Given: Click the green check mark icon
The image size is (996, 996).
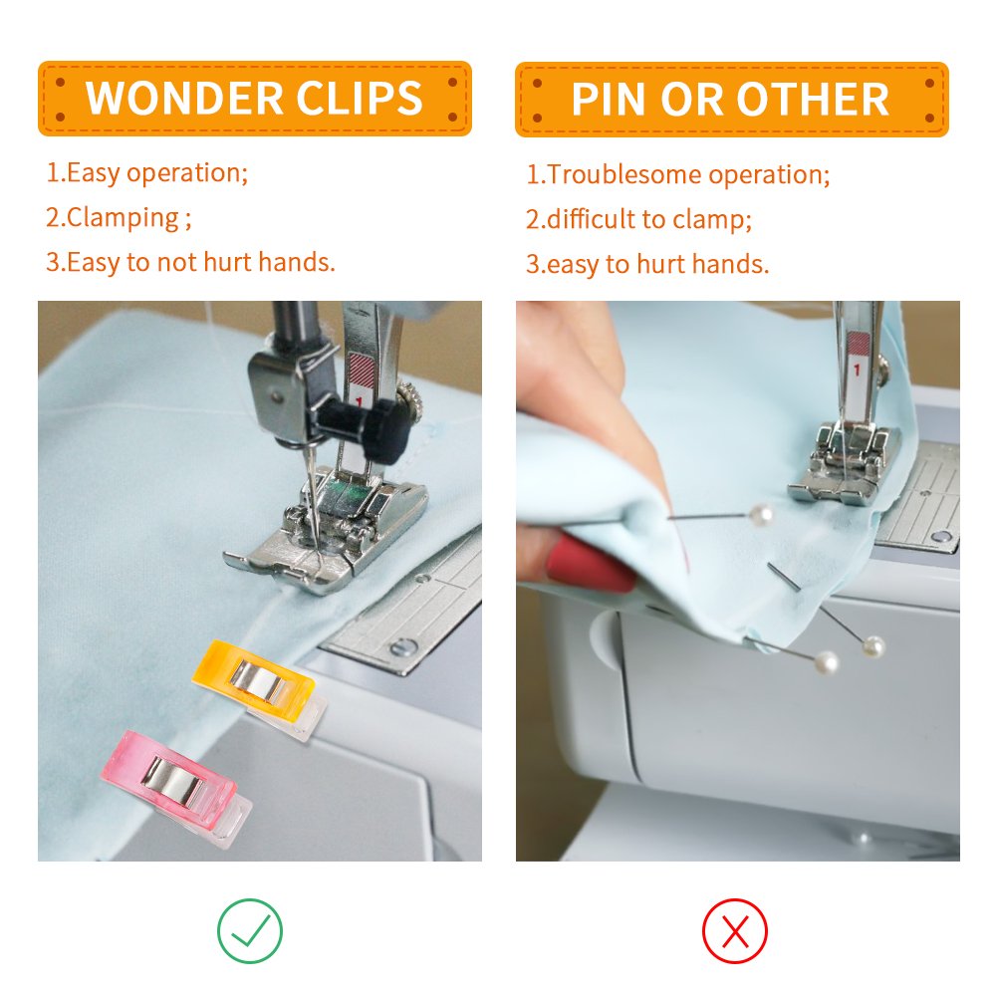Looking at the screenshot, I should coord(250,931).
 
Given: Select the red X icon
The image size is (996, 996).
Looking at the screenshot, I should coord(735,932).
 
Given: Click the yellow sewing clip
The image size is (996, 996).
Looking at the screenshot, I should coord(255,678).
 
